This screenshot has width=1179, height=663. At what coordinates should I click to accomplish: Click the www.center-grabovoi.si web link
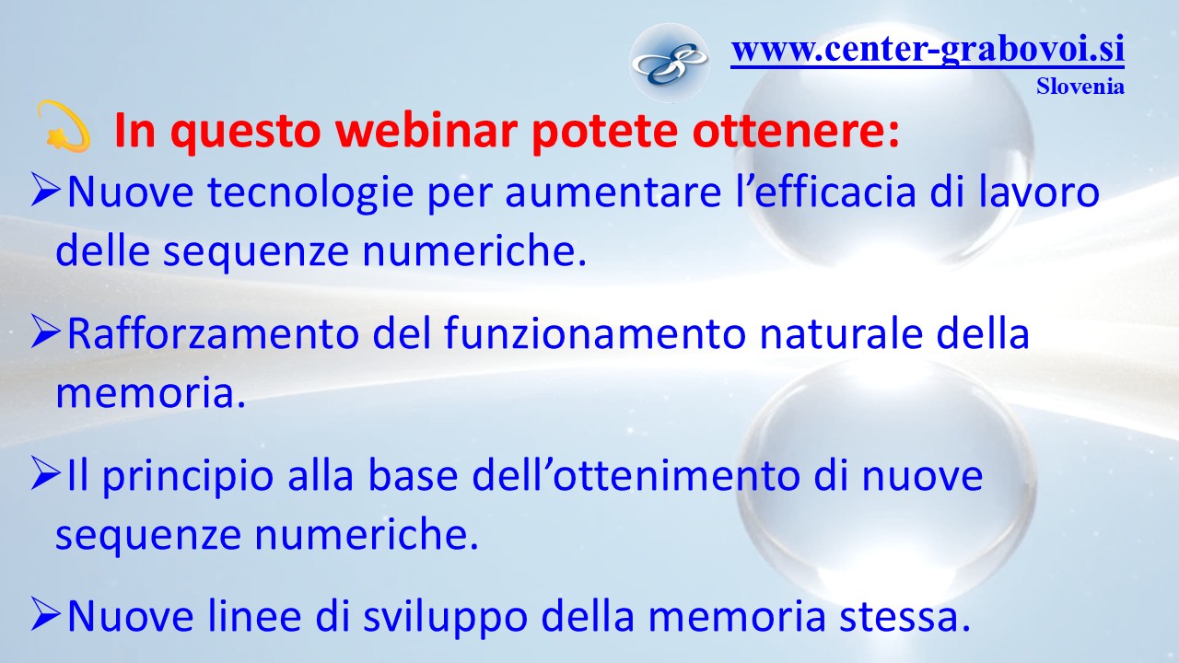928,50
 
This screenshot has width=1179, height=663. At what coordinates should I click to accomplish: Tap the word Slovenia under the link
1080,87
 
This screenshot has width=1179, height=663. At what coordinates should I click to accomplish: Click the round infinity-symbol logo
670,63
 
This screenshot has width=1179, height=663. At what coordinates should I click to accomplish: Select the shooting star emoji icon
64,127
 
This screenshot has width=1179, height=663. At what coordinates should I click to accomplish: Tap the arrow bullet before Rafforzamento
46,331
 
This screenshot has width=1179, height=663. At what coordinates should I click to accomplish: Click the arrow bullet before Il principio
46,473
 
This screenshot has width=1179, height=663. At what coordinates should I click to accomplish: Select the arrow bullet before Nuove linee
46,613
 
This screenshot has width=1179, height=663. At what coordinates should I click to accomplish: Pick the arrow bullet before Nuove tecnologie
46,191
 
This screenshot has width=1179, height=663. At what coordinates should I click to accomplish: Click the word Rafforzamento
213,333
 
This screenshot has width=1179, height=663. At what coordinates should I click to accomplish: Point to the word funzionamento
595,333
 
